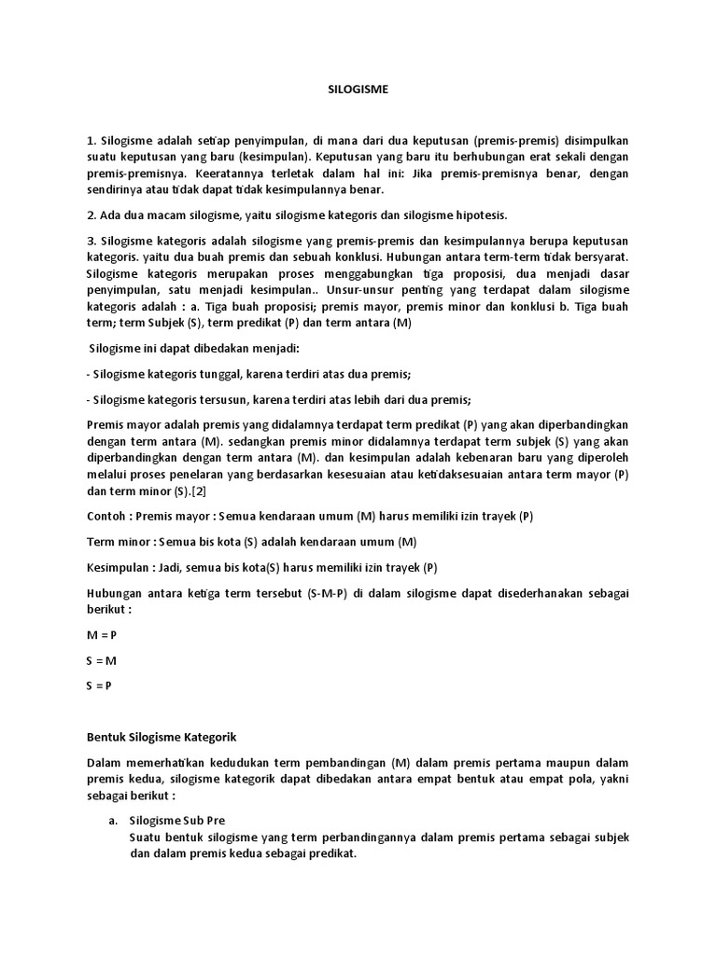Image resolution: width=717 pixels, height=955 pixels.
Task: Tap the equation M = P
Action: point(102,635)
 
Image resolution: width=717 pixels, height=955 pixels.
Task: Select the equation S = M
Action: point(102,660)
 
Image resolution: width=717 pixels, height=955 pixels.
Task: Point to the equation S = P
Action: point(101,685)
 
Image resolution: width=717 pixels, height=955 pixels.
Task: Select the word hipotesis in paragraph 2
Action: point(478,215)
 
